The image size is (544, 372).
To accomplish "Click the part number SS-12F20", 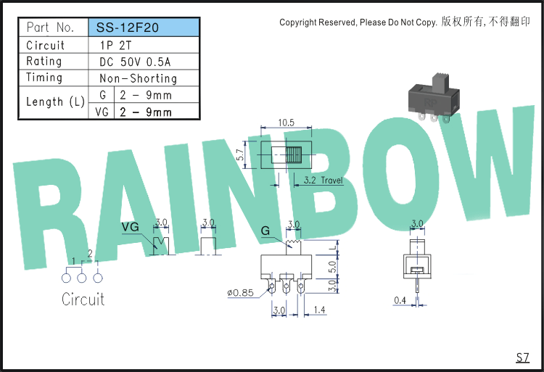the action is pyautogui.click(x=127, y=28).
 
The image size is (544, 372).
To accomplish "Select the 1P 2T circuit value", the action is pyautogui.click(x=115, y=46).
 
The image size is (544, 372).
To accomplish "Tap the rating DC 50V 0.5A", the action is pyautogui.click(x=135, y=62).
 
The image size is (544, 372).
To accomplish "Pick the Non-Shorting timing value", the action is pyautogui.click(x=138, y=78).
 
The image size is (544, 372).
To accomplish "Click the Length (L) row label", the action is pyautogui.click(x=56, y=102).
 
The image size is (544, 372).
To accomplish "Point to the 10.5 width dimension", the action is pyautogui.click(x=286, y=123).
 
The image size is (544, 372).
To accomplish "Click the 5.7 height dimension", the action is pyautogui.click(x=240, y=154).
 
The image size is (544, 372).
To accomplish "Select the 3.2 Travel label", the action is pyautogui.click(x=323, y=181).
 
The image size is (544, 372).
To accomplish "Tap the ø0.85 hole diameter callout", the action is pyautogui.click(x=240, y=293).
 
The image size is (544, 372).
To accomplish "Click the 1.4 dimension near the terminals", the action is pyautogui.click(x=320, y=310).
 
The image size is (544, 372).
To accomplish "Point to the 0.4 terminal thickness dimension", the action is pyautogui.click(x=400, y=300).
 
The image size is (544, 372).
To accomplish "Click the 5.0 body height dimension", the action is pyautogui.click(x=332, y=267).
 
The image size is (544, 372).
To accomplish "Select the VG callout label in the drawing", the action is pyautogui.click(x=131, y=227).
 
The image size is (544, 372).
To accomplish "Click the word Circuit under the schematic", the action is pyautogui.click(x=83, y=299).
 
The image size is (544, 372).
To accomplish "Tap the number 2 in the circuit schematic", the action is pyautogui.click(x=90, y=254).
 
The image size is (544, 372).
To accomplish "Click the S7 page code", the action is pyautogui.click(x=523, y=357).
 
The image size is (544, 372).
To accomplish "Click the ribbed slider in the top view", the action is pyautogui.click(x=294, y=154).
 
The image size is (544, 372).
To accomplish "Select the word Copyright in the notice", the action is pyautogui.click(x=298, y=22).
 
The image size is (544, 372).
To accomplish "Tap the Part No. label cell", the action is pyautogui.click(x=50, y=28).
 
